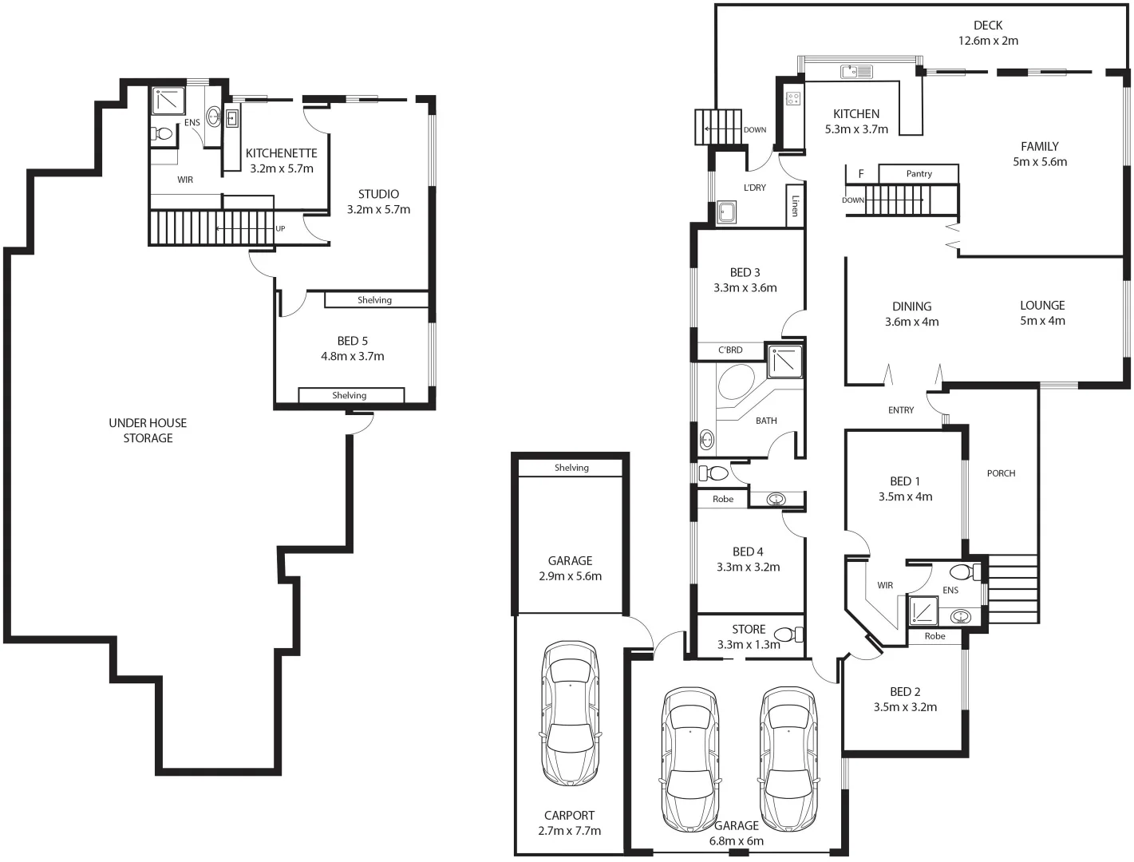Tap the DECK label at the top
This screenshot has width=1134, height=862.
pyautogui.click(x=988, y=26)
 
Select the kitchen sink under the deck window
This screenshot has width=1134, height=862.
pyautogui.click(x=856, y=72)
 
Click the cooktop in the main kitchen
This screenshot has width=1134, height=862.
pyautogui.click(x=793, y=99)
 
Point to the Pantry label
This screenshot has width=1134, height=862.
pyautogui.click(x=919, y=174)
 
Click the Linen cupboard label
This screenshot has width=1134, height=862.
pyautogui.click(x=795, y=206)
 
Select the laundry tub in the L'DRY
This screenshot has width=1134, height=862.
pyautogui.click(x=726, y=212)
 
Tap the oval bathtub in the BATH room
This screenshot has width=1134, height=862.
pyautogui.click(x=736, y=382)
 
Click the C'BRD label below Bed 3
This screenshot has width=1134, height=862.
pyautogui.click(x=730, y=350)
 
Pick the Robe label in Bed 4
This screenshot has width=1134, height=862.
pyautogui.click(x=723, y=500)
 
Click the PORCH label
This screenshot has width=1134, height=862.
pyautogui.click(x=1001, y=473)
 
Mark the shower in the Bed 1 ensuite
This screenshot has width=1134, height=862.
pyautogui.click(x=923, y=610)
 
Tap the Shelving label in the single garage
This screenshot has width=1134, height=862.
pyautogui.click(x=571, y=469)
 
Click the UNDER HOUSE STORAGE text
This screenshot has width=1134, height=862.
pyautogui.click(x=148, y=430)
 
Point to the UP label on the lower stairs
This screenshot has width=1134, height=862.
pyautogui.click(x=280, y=229)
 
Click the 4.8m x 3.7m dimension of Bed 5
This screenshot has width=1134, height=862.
pyautogui.click(x=353, y=357)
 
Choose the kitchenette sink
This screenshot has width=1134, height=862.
pyautogui.click(x=231, y=120)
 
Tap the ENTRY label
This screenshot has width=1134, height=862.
pyautogui.click(x=901, y=410)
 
